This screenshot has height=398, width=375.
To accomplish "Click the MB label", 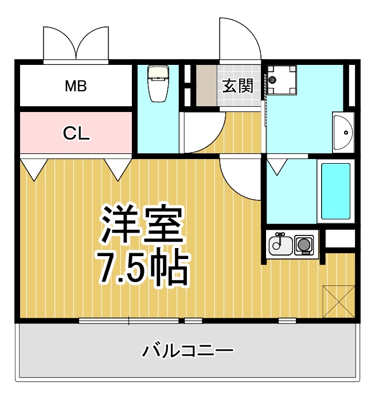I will click(75, 87).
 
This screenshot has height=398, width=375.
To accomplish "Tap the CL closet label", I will click(76, 134).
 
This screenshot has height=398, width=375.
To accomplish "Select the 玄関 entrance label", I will click(237, 86).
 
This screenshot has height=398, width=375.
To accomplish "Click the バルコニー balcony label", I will click(188, 350).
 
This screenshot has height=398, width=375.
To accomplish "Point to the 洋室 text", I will click(143, 225).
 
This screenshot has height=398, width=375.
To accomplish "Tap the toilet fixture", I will click(156, 82).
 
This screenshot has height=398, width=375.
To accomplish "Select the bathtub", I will click(335, 191).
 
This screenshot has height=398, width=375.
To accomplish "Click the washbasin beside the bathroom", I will click(343, 133).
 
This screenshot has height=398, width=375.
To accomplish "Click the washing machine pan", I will click(281, 80).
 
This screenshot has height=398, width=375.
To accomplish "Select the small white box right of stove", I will click(341, 238).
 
